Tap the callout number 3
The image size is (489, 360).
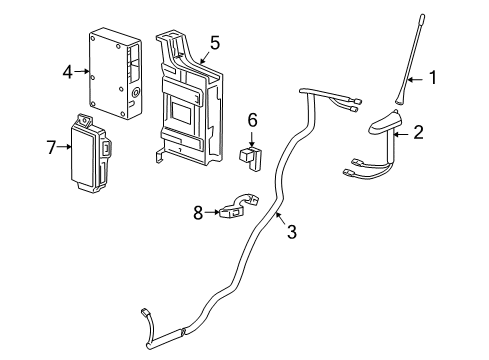pos(292,231)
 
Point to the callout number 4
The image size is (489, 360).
pos(67,72)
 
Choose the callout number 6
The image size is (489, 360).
pos(253,119)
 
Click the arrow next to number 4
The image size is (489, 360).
pos(82,72)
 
